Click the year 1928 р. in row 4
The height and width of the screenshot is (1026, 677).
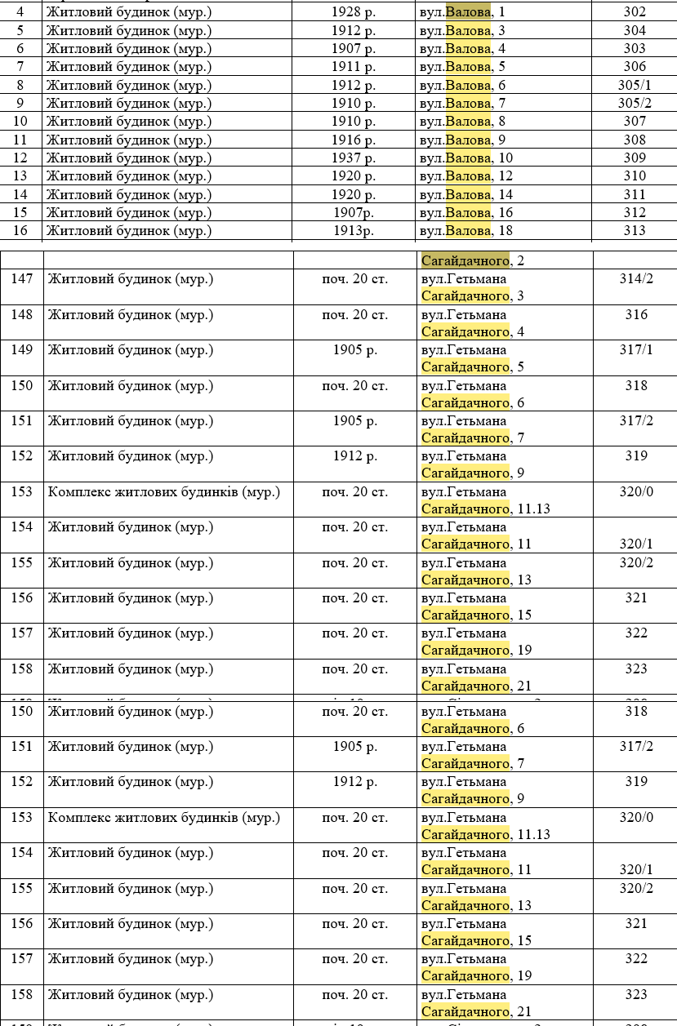[354, 12]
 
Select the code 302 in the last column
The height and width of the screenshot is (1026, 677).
[634, 12]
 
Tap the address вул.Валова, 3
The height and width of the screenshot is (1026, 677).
[462, 30]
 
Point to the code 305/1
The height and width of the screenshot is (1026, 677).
[635, 85]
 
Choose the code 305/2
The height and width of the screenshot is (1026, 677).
[635, 103]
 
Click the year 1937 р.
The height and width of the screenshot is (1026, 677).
[354, 158]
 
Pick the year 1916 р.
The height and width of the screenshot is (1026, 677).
[354, 140]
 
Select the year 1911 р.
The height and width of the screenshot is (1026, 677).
[354, 67]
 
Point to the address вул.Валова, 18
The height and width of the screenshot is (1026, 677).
[465, 230]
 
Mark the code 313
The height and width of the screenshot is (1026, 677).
[634, 230]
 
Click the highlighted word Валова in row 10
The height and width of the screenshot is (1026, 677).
[469, 122]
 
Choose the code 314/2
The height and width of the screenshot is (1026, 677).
[636, 278]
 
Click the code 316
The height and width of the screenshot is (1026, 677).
[636, 314]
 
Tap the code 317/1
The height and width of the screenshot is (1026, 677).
[636, 349]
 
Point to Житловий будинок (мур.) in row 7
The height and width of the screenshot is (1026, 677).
[128, 67]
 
